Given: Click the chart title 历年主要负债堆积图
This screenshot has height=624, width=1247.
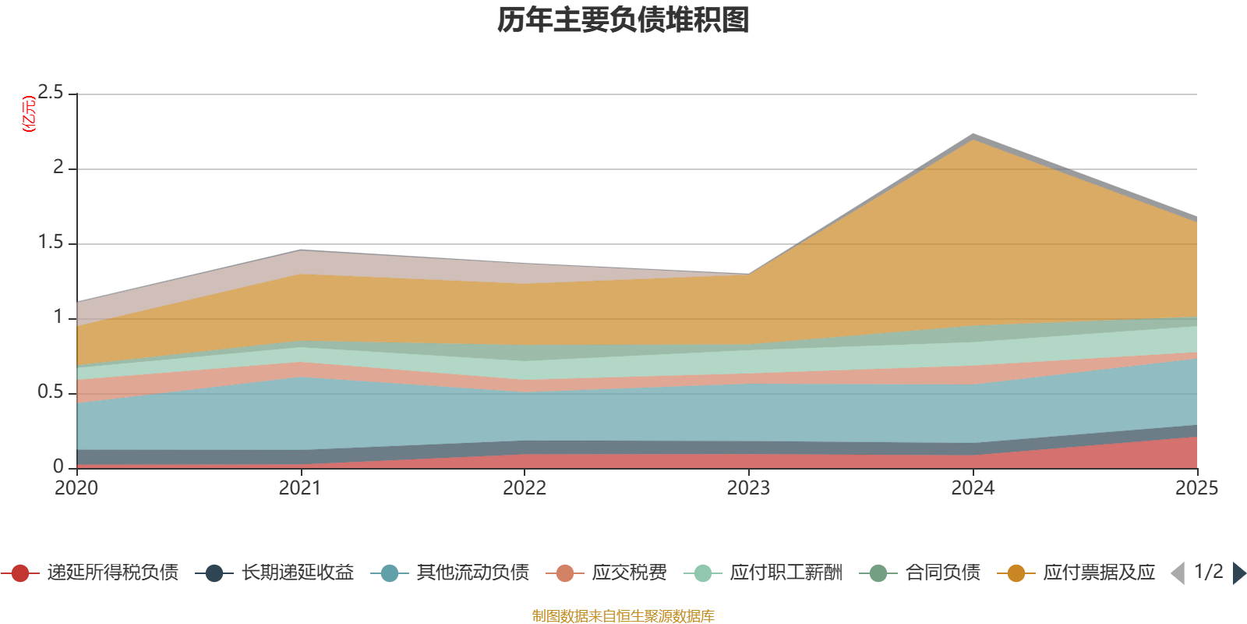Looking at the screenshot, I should [623, 20].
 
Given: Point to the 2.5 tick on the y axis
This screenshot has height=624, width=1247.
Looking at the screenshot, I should [51, 93].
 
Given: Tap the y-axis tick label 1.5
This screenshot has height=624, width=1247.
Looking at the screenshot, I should [51, 243].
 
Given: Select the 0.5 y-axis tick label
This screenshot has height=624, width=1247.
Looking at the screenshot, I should [51, 392].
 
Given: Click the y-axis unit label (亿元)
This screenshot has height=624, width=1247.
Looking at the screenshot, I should [29, 114].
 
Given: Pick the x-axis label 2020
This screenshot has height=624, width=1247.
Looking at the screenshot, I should [76, 488].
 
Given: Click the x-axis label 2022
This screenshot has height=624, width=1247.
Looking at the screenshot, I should [525, 488].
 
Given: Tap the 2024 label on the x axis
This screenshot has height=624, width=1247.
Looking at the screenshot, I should [973, 488].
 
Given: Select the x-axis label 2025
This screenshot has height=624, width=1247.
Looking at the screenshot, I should [1196, 488].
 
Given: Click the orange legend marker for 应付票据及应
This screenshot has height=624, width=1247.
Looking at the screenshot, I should [1016, 573].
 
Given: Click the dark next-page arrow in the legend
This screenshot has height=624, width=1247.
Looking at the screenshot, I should [1238, 573].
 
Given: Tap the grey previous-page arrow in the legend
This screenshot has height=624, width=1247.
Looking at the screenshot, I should [1178, 573].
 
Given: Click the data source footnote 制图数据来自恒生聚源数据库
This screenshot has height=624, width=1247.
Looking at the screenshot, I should [623, 616].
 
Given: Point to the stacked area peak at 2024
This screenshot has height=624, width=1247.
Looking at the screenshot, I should [973, 136].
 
